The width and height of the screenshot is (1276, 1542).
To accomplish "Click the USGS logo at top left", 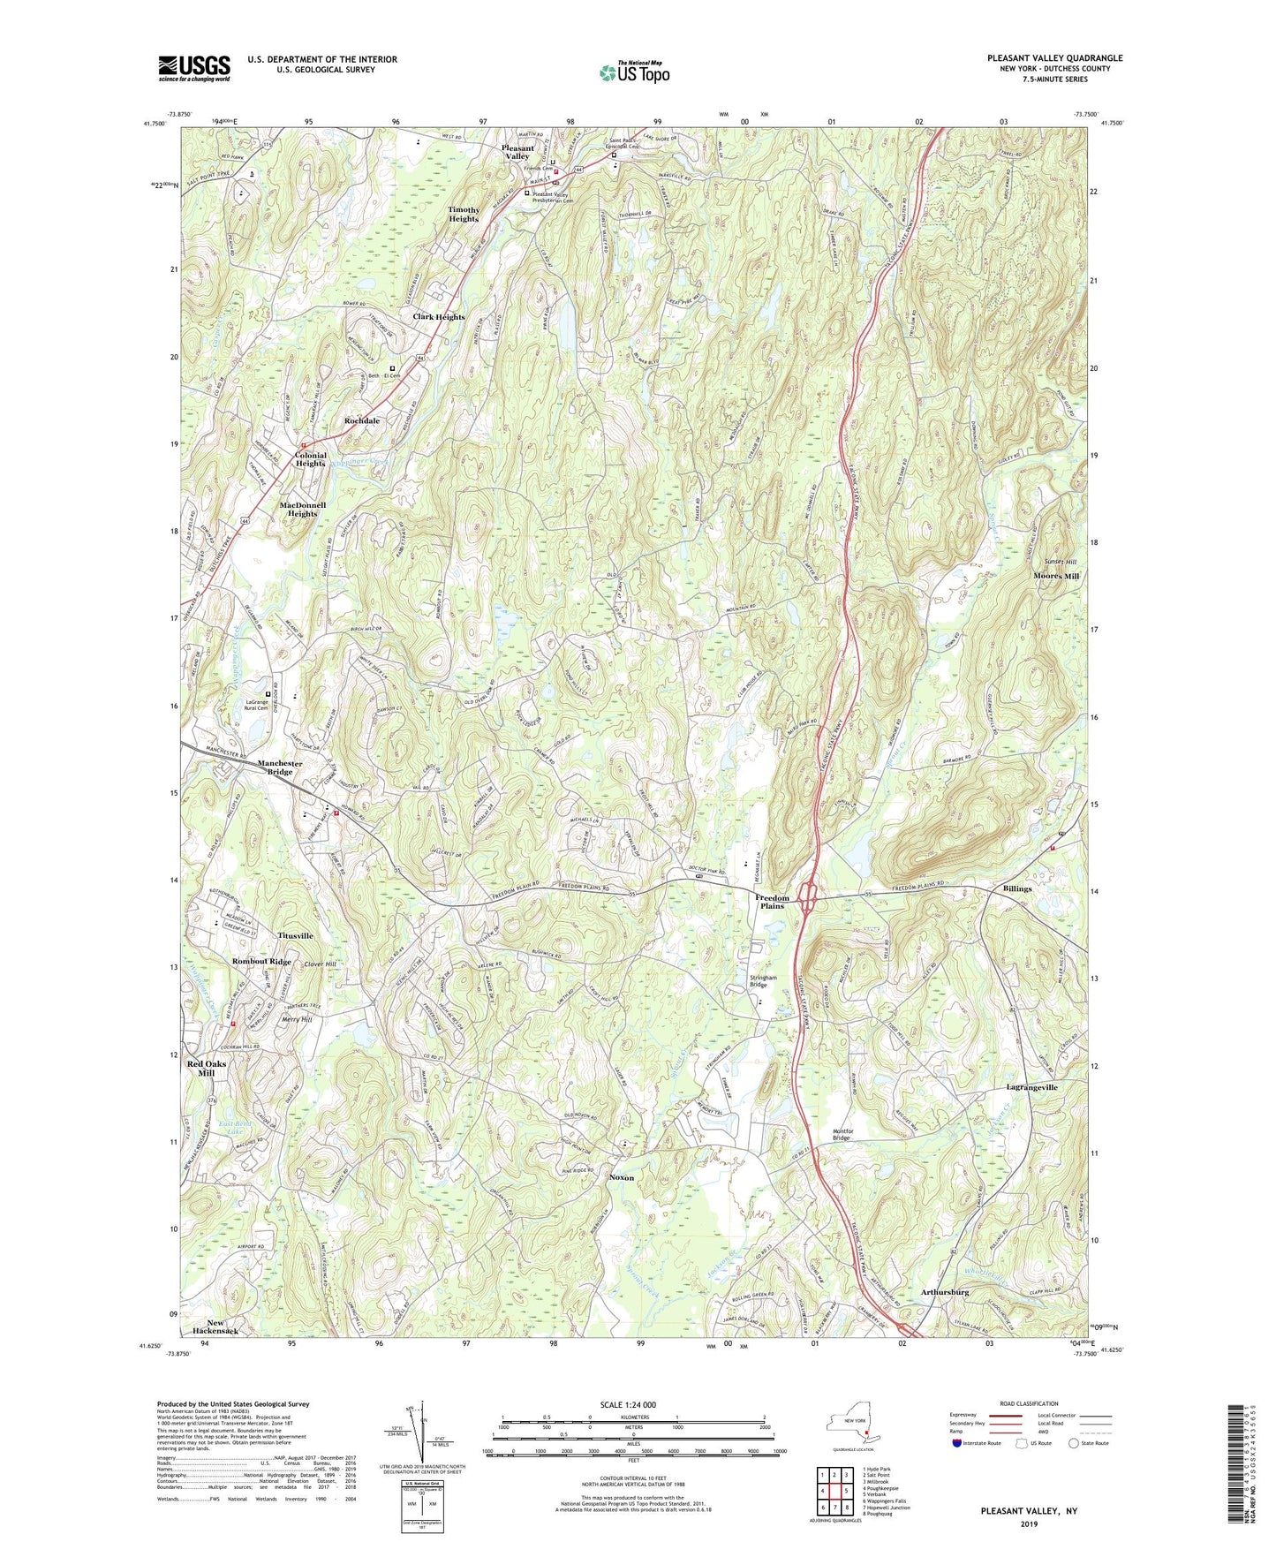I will point(194,68).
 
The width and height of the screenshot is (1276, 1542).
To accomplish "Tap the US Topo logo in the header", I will point(633,72).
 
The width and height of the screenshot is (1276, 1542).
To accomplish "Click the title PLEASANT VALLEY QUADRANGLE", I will point(1055,58).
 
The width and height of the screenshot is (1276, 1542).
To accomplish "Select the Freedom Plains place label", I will point(772,902).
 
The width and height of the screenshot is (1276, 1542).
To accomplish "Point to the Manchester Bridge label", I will point(280,767).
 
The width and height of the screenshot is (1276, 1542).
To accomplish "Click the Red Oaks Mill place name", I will point(207,1068).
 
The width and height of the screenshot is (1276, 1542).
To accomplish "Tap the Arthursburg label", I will point(945,1292).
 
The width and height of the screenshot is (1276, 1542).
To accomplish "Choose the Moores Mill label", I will point(1056,576).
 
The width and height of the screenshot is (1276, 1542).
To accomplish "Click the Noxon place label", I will point(621,1178).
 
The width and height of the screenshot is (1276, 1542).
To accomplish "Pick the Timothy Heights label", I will point(464,214).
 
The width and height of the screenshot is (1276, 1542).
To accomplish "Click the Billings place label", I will point(1016,888).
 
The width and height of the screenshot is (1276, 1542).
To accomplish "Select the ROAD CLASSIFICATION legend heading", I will point(1029,1403).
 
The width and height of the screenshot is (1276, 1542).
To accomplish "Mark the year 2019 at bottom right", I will point(1029,1523).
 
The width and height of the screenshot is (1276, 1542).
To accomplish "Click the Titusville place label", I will point(295,935).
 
